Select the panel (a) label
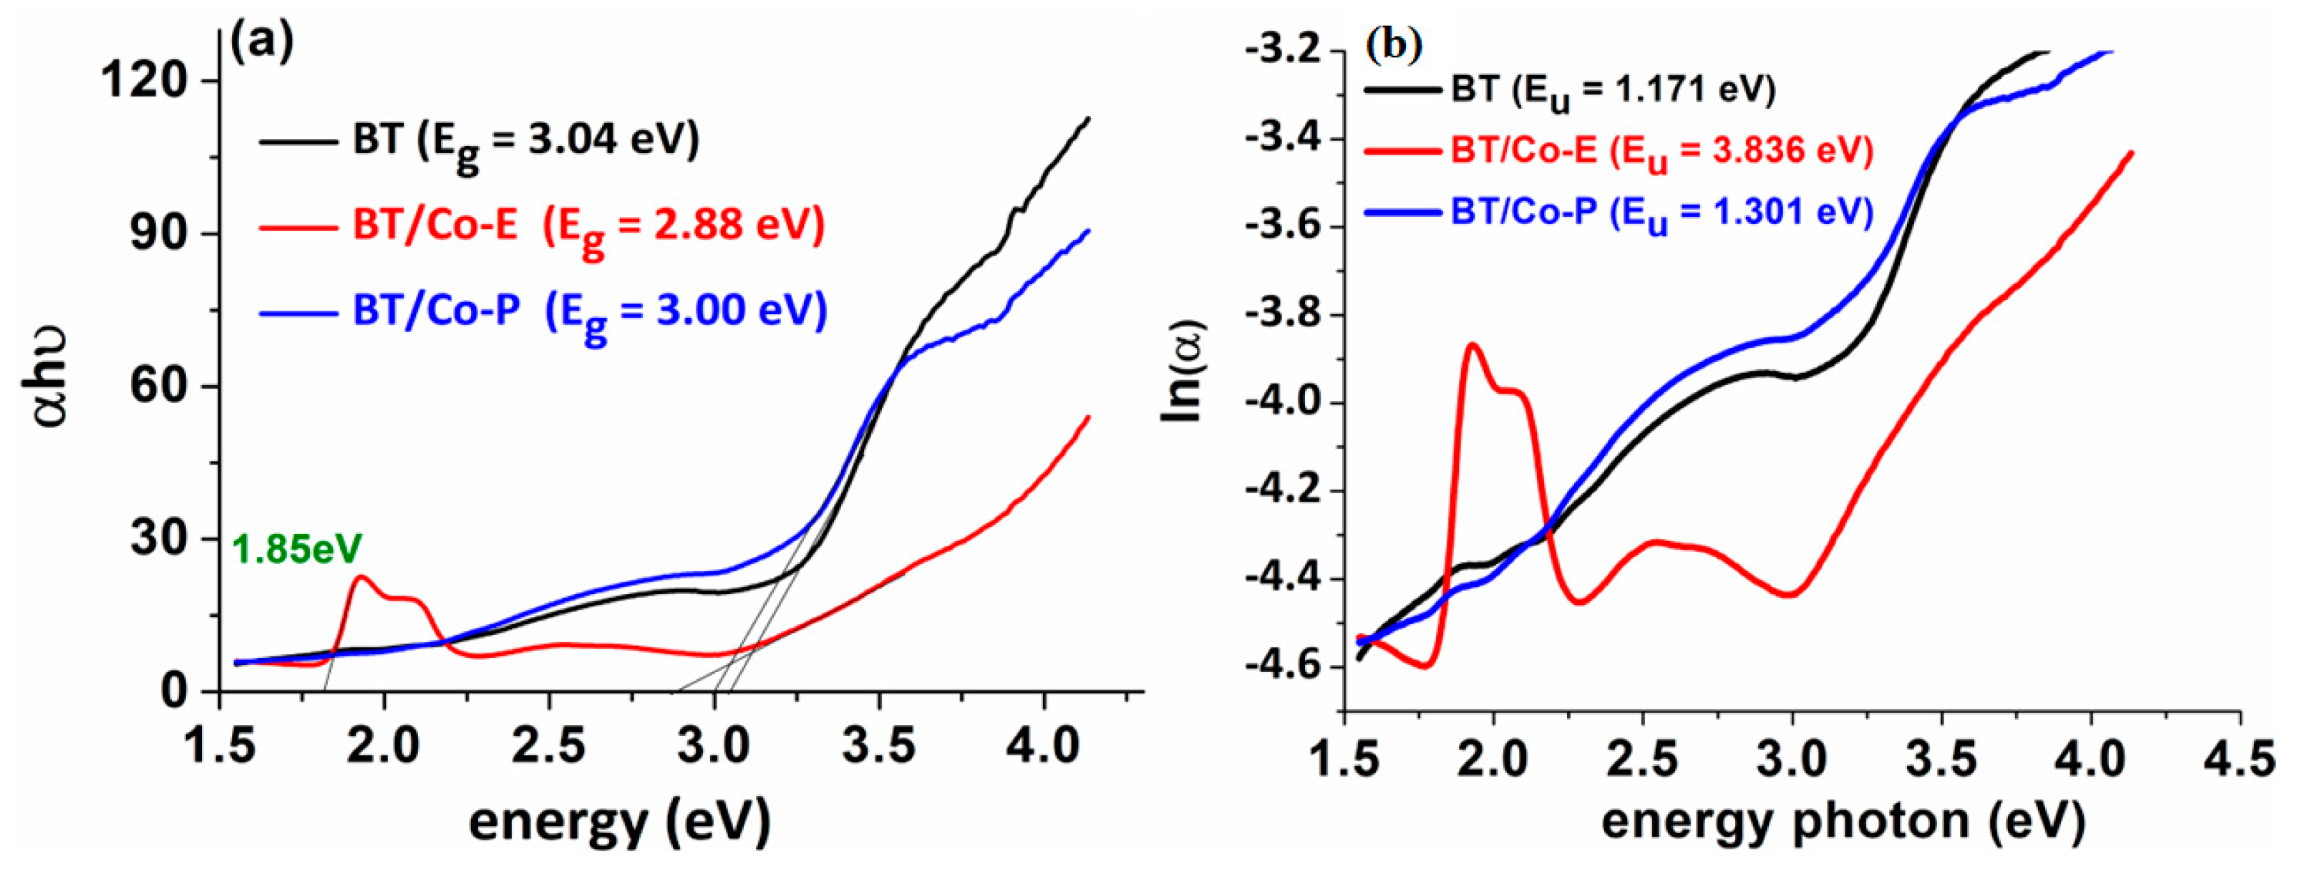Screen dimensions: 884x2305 (x=261, y=42)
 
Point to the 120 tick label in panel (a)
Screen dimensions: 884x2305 (x=143, y=80)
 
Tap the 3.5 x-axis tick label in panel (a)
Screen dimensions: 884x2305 (x=880, y=745)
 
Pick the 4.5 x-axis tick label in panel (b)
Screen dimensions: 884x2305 (x=2240, y=760)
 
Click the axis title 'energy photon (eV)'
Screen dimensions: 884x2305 (x=1843, y=822)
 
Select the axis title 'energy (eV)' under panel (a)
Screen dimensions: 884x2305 (x=619, y=822)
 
